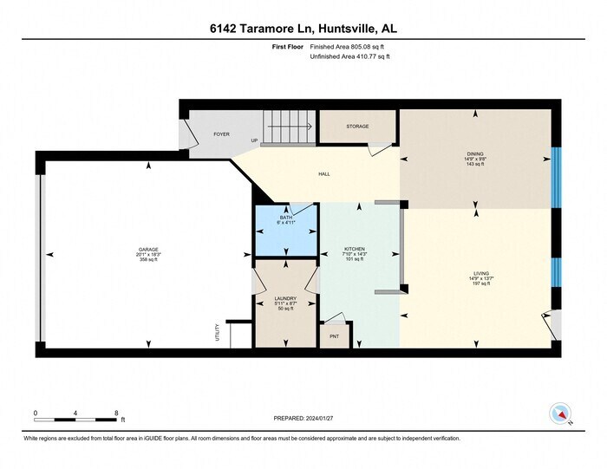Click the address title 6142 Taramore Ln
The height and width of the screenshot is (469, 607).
point(303,29)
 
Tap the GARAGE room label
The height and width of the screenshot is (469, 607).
point(148,249)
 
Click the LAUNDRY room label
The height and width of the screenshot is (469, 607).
point(286,298)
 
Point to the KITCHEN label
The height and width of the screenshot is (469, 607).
point(354,249)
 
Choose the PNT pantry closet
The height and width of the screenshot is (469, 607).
point(334,335)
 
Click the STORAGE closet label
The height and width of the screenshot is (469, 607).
point(357,127)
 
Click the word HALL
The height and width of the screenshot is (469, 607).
point(323,174)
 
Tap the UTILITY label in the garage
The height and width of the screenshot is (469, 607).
point(217,333)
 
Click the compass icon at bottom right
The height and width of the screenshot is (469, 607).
point(560,413)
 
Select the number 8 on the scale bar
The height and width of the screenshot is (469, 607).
point(116,413)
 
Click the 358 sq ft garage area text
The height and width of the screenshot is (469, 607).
point(148,259)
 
